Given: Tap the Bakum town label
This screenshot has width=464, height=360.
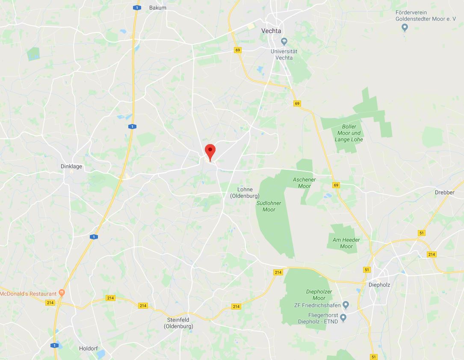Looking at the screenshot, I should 158,8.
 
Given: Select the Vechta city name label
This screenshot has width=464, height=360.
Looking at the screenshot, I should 272,31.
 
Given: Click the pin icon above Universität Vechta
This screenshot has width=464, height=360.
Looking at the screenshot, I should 284,41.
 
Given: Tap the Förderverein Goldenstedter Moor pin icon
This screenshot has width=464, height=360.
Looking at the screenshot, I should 405,28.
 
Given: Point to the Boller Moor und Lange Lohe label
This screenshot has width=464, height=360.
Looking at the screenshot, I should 349,133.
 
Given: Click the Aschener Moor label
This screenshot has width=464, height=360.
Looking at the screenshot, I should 304,183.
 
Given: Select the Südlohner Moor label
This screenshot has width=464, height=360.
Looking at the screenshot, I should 269,207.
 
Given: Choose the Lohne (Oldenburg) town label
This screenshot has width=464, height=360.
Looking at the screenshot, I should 245,193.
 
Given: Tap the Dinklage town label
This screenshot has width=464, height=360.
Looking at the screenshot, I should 71,166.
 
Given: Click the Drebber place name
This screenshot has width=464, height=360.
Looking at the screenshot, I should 445,192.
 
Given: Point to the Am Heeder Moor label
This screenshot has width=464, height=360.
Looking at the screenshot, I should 346,243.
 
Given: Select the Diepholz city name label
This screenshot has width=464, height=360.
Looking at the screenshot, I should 379,285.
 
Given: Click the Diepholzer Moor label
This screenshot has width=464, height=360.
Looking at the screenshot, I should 319,295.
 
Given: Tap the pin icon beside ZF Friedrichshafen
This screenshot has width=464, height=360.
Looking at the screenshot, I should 346,305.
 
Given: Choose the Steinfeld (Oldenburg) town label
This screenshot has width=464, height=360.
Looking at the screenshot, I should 178,323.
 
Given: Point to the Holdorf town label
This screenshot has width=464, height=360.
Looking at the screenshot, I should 89,348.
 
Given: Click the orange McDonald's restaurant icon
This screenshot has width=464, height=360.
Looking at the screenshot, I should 62,293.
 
